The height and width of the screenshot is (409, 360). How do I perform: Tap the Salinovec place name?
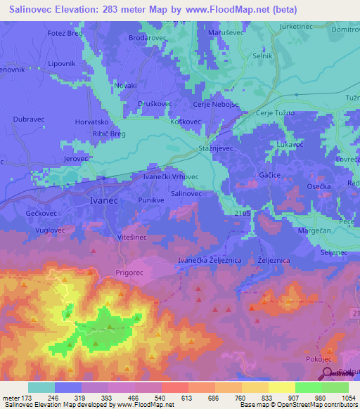tap(186, 193)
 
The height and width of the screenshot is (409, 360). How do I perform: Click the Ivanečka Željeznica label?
tap(210, 261)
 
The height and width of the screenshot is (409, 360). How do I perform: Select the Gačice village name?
tap(269, 174)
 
